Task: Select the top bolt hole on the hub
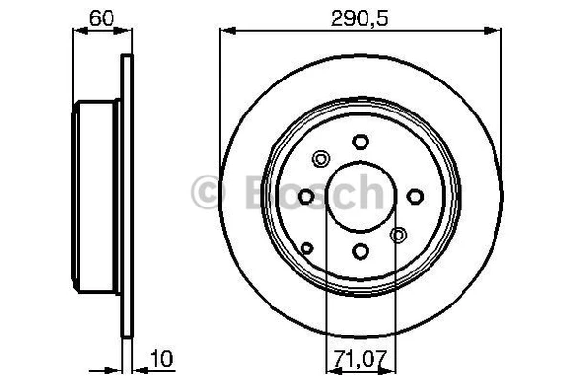click(361, 142)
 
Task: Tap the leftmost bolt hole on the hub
click(306, 197)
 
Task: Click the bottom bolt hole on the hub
click(361, 252)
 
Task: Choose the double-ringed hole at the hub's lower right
click(398, 235)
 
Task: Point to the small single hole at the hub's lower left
click(307, 249)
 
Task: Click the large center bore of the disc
click(361, 197)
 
